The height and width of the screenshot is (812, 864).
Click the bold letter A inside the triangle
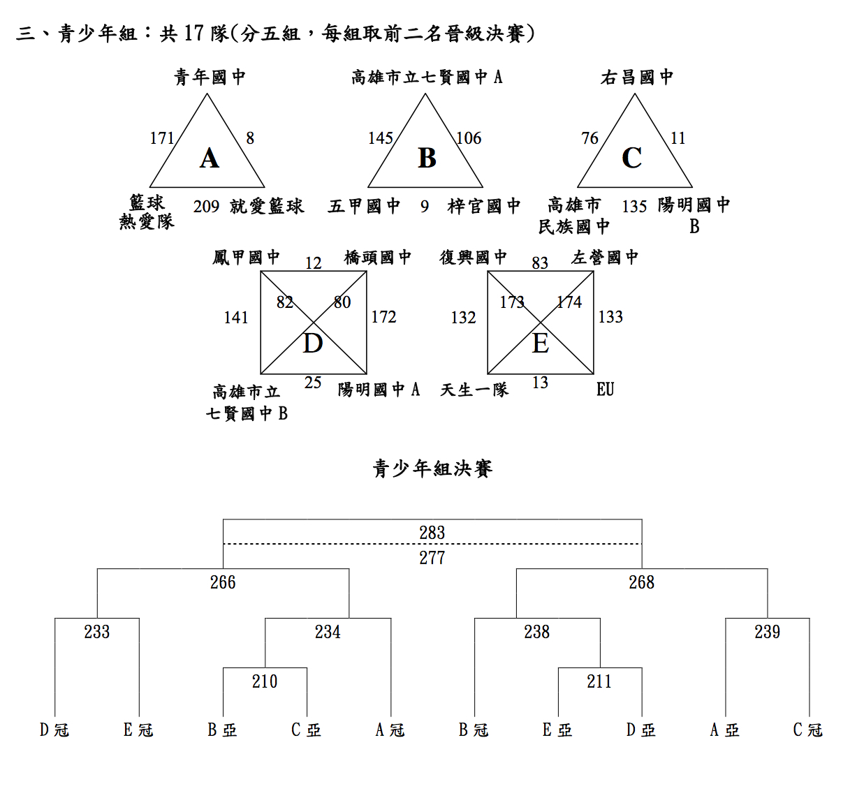[210, 158]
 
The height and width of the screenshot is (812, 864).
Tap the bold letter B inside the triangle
[427, 158]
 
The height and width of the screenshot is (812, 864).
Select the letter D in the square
[312, 344]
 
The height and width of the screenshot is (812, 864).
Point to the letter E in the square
[541, 344]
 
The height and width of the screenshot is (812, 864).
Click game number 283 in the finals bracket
[432, 533]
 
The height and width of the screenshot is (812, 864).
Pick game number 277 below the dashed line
[432, 558]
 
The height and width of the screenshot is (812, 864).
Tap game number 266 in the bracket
[223, 582]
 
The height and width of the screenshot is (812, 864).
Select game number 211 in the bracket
[599, 681]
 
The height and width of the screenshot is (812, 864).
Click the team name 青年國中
[210, 77]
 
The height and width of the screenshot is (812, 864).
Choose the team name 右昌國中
[637, 77]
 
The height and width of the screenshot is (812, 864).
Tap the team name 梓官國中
[484, 206]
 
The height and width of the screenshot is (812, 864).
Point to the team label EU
[605, 390]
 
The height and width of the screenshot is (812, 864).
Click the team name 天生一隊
[474, 390]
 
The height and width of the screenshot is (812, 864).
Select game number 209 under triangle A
[206, 207]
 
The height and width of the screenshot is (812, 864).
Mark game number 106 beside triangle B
[469, 138]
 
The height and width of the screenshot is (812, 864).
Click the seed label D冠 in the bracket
[54, 730]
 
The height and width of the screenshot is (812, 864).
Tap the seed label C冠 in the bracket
[808, 730]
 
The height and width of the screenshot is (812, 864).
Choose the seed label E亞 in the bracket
[557, 730]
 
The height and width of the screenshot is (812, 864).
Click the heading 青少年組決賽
[432, 468]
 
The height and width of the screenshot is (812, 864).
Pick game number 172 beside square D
[383, 317]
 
